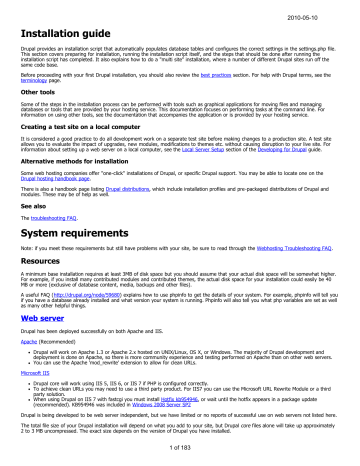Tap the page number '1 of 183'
[x=180, y=458]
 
